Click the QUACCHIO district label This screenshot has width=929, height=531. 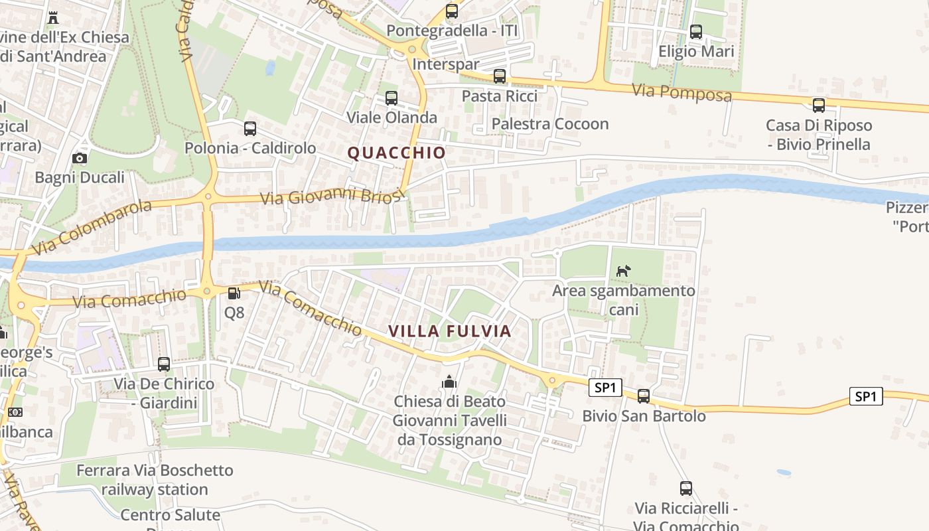[x=397, y=153]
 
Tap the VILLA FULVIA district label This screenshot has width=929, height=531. [x=449, y=331]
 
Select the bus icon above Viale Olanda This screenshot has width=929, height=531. [x=392, y=99]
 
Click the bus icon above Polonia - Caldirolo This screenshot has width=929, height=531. [x=250, y=129]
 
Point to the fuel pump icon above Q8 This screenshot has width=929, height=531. [x=234, y=293]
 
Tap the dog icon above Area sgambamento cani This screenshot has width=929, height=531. [x=623, y=271]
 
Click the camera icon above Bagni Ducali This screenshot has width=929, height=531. [x=80, y=159]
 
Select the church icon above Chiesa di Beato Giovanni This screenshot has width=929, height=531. [x=449, y=382]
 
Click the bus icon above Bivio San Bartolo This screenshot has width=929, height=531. [x=644, y=397]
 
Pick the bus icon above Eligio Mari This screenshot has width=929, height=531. [x=696, y=32]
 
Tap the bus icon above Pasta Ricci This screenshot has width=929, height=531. [x=500, y=77]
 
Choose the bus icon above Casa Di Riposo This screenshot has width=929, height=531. [x=819, y=106]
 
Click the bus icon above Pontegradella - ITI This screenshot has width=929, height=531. [x=452, y=11]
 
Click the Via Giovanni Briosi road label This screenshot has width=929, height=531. [x=332, y=196]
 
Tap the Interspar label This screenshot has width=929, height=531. [x=446, y=64]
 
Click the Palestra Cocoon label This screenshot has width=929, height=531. [x=550, y=124]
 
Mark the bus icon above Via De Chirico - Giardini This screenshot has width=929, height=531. [x=164, y=364]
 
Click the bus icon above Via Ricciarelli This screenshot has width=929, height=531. [x=686, y=489]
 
